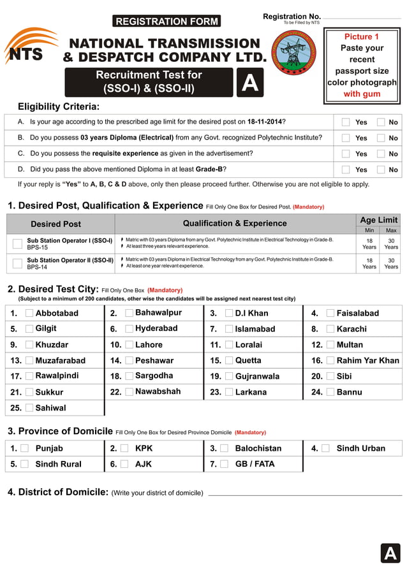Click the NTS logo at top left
point(29,48)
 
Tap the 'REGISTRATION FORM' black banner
point(166,22)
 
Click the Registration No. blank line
point(362,18)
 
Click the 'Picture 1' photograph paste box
point(362,66)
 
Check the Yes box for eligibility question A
point(346,122)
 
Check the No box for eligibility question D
point(381,170)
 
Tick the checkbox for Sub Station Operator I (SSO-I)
point(17,244)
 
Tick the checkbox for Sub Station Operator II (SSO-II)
point(17,263)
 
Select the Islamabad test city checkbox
point(229,329)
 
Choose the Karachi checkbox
point(330,329)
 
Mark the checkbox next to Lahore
point(129,345)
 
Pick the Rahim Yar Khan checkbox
point(330,360)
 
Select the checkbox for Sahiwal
point(29,407)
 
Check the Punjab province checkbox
point(24,448)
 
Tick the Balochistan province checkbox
point(224,448)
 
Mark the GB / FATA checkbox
point(224,464)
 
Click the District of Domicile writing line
point(305,494)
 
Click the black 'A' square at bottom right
point(390,553)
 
